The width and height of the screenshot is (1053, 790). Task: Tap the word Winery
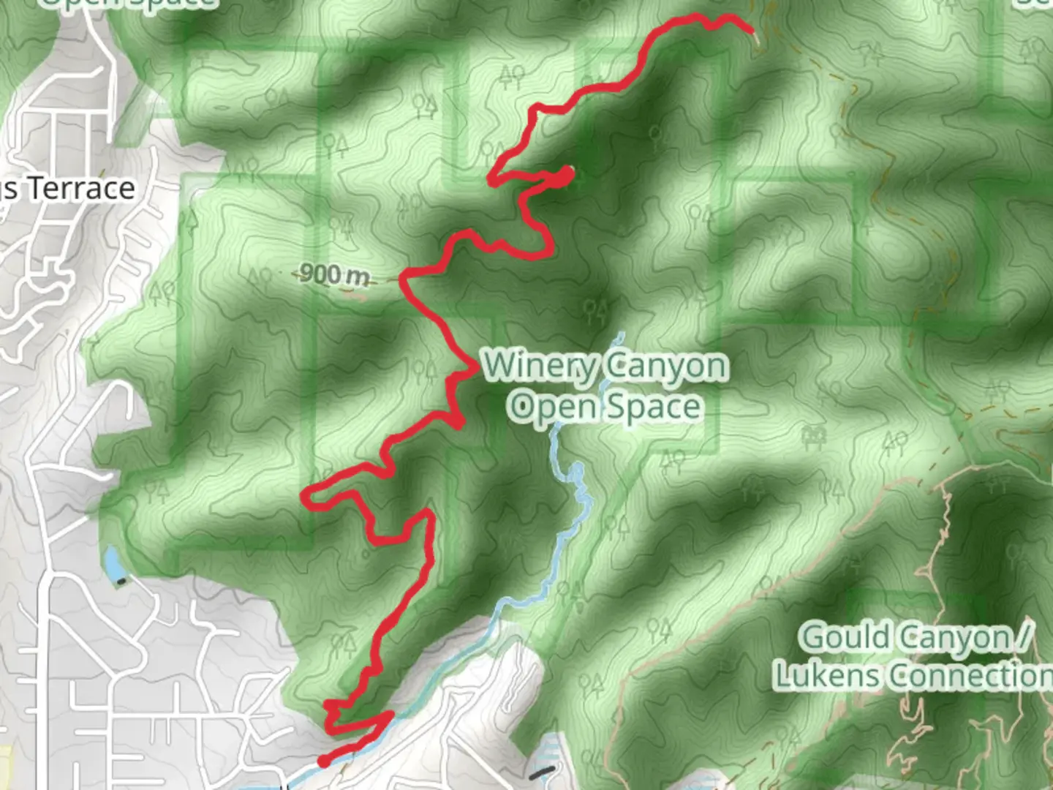coord(538,365)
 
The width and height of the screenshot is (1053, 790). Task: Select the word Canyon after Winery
coord(667,366)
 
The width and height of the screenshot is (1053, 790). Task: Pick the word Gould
coord(843,638)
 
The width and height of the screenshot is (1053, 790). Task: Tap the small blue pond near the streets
coord(113,563)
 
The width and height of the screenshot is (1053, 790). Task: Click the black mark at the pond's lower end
coord(121,582)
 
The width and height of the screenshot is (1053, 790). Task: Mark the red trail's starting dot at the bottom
coord(323,762)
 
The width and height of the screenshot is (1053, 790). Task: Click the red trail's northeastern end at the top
coord(751,31)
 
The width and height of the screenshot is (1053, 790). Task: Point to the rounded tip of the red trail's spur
coord(567,173)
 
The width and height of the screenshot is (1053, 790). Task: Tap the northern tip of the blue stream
coord(621,336)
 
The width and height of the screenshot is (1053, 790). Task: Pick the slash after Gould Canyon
coord(1025,639)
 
